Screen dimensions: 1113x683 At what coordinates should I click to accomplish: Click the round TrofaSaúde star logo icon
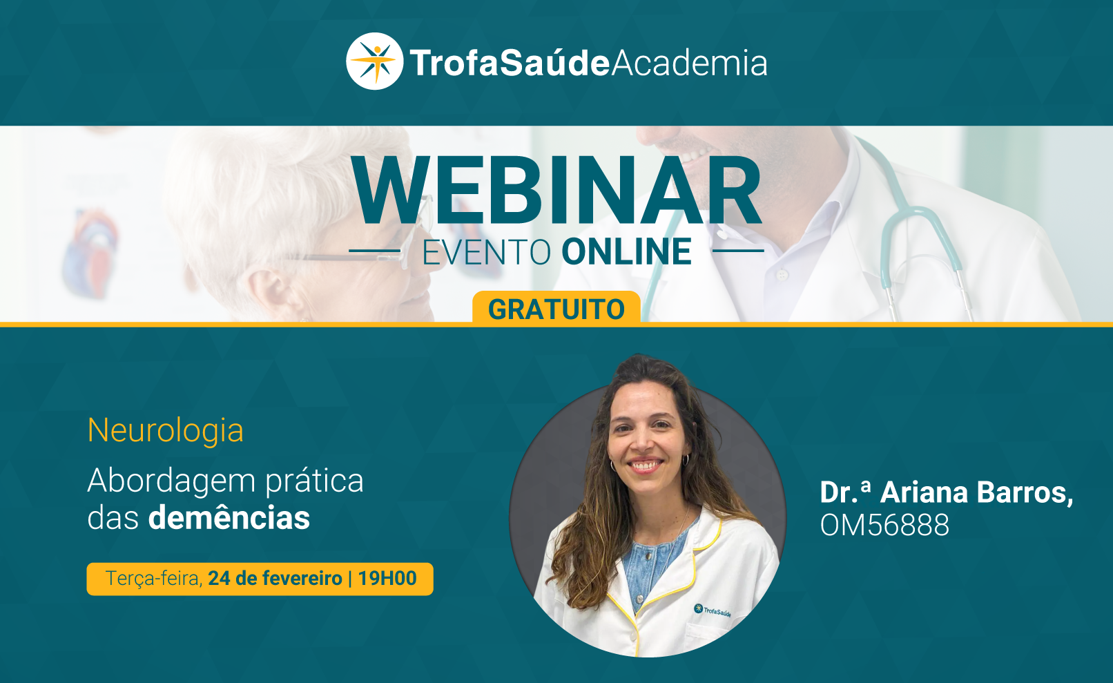point(375,61)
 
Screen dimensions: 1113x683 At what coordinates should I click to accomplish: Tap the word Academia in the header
point(689,63)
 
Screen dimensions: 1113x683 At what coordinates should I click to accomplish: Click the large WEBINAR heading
point(556,191)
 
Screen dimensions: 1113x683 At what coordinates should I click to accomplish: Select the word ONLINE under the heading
point(626,251)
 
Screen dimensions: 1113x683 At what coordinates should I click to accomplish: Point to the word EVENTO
point(487,252)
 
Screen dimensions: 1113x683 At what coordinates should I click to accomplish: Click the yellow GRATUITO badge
point(556,308)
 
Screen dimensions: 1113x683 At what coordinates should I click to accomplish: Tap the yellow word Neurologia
point(166,430)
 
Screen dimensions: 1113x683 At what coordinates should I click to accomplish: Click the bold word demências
point(229,518)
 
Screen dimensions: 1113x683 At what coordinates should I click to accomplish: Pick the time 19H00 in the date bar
point(387,579)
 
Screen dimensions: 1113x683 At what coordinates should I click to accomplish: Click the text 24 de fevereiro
point(275,579)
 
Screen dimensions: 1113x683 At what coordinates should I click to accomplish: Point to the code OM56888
point(884,525)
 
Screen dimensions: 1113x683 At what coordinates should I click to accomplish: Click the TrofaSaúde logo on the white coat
point(713,611)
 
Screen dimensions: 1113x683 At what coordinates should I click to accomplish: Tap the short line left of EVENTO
point(375,251)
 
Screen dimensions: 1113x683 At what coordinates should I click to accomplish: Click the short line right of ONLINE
point(738,251)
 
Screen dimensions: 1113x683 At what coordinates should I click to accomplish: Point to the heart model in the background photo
point(90,254)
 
